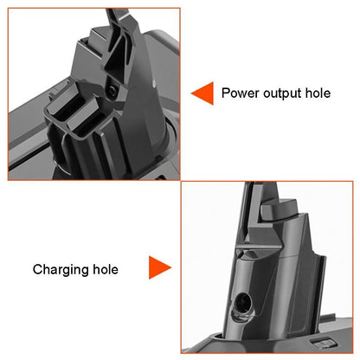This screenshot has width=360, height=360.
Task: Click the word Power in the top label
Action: pos(240,92)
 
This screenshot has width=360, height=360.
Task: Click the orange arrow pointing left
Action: pos(201,92)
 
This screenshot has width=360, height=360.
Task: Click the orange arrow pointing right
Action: pos(159,268)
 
